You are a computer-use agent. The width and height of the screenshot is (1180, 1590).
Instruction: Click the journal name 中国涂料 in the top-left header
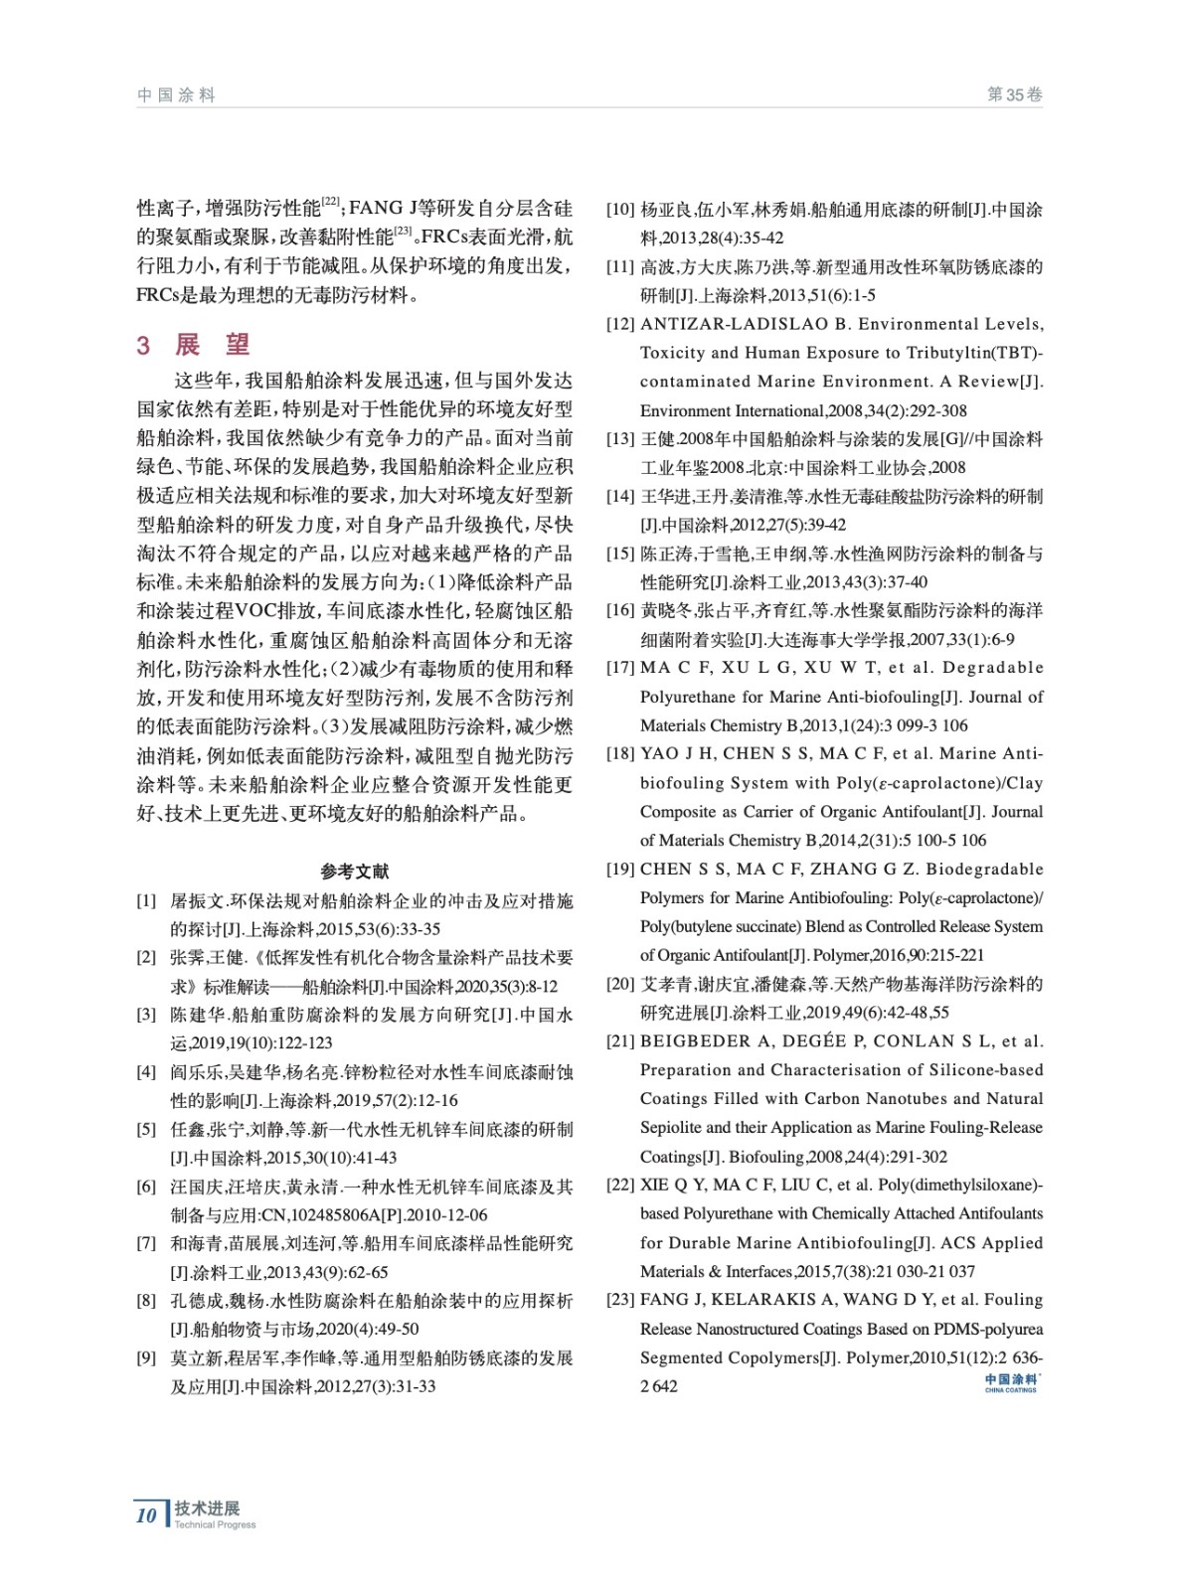[x=176, y=95]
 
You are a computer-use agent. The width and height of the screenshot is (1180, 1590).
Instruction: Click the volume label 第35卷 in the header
[x=1014, y=95]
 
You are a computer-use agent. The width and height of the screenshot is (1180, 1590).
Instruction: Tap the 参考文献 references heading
[x=355, y=872]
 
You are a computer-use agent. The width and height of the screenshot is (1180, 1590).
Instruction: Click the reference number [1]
[x=147, y=901]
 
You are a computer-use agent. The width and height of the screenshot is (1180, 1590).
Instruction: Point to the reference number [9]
[x=147, y=1357]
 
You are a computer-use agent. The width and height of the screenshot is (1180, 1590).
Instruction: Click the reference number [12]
[x=620, y=324]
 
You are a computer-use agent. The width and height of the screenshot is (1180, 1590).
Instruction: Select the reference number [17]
[x=620, y=668]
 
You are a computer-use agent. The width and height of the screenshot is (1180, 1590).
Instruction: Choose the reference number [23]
[x=620, y=1300]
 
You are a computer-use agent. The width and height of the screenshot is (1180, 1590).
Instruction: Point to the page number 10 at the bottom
[x=146, y=1515]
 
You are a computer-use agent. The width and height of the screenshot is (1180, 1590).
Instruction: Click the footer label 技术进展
[x=207, y=1508]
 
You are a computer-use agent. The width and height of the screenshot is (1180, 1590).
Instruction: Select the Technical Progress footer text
[x=215, y=1525]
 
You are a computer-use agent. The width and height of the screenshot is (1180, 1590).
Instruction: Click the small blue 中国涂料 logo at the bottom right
[x=1011, y=1382]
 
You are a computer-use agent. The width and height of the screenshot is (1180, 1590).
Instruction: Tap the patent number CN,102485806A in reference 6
[x=320, y=1215]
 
